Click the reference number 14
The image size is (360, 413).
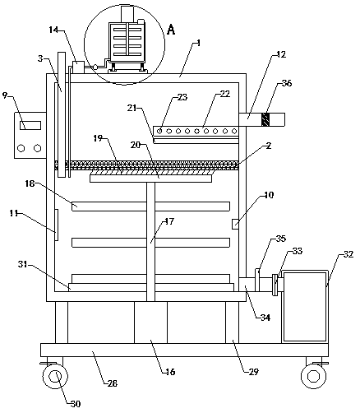[x=54, y=30]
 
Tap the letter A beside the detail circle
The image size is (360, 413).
[x=171, y=30]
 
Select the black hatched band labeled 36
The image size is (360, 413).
[x=265, y=119]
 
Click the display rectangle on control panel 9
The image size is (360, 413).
[x=30, y=125]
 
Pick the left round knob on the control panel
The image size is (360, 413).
[x=21, y=148]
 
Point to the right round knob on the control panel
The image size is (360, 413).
[x=37, y=148]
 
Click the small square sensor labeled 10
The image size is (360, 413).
[x=235, y=224]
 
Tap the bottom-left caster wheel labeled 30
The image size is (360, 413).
[x=55, y=376]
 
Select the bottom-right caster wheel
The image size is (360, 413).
[x=313, y=376]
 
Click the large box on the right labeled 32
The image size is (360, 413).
[x=305, y=306]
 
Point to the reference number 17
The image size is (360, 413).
[x=169, y=221]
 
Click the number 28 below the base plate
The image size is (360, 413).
[x=113, y=383]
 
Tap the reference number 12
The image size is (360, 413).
[x=281, y=54]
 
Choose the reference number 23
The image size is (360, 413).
[x=182, y=97]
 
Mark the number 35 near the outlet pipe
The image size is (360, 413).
[x=281, y=239]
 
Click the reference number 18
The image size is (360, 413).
[x=30, y=183]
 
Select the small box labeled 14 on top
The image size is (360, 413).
[x=78, y=67]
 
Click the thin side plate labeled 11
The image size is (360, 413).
[x=57, y=225]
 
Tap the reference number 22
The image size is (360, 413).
[x=225, y=94]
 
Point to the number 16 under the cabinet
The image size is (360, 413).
[x=170, y=372]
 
